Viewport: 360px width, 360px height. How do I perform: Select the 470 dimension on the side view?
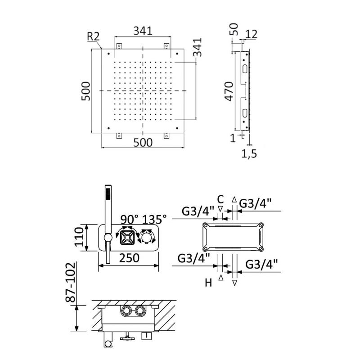tap(229, 91)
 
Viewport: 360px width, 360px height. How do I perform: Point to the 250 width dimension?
tap(129, 258)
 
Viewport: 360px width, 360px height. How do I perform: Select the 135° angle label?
tap(154, 220)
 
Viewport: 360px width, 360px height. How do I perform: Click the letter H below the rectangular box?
tap(208, 283)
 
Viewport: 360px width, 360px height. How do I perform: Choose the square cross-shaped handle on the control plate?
tap(127, 237)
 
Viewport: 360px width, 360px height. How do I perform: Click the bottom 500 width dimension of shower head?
tap(142, 142)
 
